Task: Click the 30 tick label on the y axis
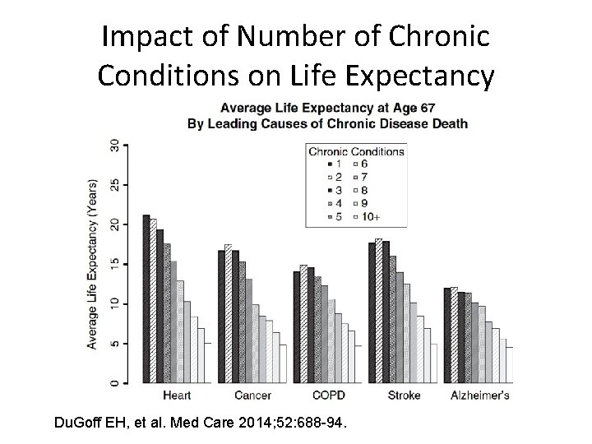tap(114, 146)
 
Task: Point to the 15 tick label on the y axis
tap(114, 264)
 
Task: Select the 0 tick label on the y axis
tap(114, 382)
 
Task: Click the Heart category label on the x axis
tap(178, 395)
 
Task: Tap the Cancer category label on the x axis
tap(252, 395)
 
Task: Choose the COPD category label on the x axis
tap(328, 395)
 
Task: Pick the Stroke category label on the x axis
tap(403, 395)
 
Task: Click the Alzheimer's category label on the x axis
tap(479, 395)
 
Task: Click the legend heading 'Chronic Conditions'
tap(356, 151)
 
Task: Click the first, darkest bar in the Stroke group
tap(372, 312)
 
